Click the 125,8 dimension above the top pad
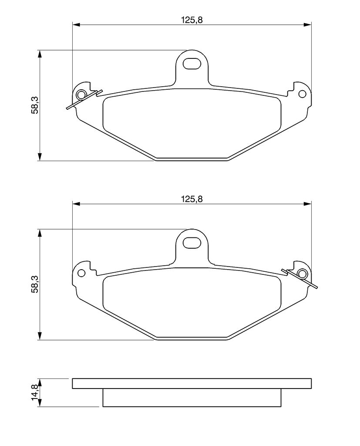click(x=192, y=20)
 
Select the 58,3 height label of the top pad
click(x=35, y=105)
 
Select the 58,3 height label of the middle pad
click(x=35, y=284)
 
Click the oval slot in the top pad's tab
click(x=192, y=64)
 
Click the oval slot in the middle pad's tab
click(x=192, y=243)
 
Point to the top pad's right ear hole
click(x=302, y=94)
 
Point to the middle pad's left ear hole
click(x=81, y=273)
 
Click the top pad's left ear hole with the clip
click(x=81, y=94)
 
